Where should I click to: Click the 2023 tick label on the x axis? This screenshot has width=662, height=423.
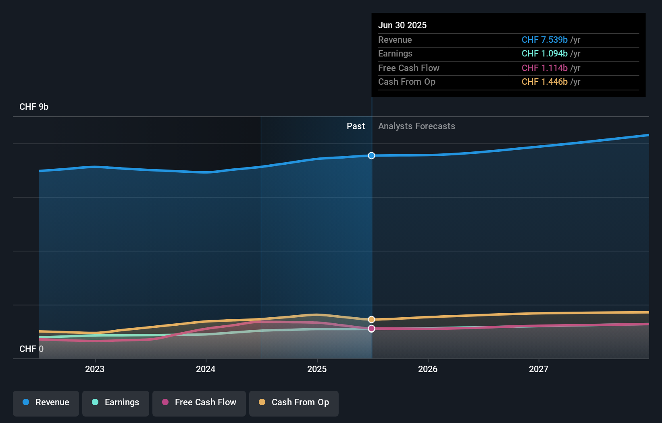tap(95, 369)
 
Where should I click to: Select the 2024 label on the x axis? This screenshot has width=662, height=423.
tap(206, 369)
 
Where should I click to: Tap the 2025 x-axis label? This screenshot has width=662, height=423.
tap(317, 369)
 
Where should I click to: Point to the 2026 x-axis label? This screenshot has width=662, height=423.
tap(428, 369)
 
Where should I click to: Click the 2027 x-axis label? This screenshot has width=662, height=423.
tap(539, 369)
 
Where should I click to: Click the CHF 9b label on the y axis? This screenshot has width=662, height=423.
tap(34, 107)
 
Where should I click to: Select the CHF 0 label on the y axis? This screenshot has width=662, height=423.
tap(31, 349)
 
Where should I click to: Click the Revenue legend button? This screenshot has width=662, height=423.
tap(46, 403)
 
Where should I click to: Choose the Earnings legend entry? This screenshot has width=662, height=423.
tap(116, 403)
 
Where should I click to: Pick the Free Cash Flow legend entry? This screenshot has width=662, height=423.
tap(199, 403)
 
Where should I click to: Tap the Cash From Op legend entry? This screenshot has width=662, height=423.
tap(294, 403)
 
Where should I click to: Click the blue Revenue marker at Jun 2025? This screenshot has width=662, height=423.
tap(371, 156)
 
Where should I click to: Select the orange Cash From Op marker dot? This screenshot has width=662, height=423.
tap(371, 320)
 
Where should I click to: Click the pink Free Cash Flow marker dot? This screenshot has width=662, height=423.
tap(371, 329)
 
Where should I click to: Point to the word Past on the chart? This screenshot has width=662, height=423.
tap(356, 126)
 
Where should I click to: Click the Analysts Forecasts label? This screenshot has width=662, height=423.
tap(416, 126)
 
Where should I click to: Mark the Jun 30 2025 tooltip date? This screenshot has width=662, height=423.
tap(402, 25)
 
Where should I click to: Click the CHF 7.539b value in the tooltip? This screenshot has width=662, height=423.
tap(544, 40)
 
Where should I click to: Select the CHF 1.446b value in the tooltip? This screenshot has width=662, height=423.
tap(544, 82)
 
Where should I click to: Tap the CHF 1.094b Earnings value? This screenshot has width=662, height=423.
tap(544, 54)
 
